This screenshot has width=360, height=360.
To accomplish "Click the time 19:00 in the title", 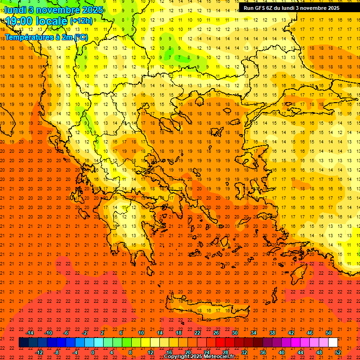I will (x=21, y=21).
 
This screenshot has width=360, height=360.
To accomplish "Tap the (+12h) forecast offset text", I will (x=81, y=21).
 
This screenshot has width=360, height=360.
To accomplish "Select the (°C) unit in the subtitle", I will (x=80, y=37).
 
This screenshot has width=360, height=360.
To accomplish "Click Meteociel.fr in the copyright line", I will (x=219, y=357).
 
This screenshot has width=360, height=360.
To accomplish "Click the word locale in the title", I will (x=52, y=21).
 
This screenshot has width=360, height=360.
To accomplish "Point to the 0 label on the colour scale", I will (x=93, y=352).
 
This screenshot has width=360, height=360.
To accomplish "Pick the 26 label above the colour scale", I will (x=216, y=333).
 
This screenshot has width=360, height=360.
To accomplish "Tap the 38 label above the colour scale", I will (x=272, y=333).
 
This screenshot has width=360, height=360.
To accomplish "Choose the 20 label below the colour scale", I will (x=187, y=352).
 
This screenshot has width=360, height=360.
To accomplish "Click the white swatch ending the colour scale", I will (x=333, y=343).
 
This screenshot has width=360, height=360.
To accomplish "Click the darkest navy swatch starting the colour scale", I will (x=23, y=343).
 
